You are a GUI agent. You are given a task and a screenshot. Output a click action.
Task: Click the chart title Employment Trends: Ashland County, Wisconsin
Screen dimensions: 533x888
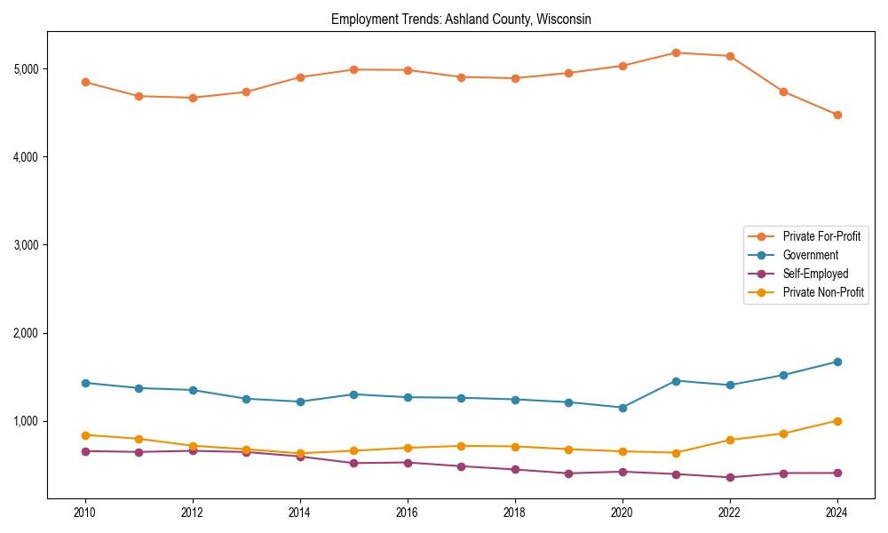tap(461, 19)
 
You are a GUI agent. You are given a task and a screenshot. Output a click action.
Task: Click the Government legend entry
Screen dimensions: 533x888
tap(810, 255)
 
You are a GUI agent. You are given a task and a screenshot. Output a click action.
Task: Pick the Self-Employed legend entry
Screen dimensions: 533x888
tap(815, 274)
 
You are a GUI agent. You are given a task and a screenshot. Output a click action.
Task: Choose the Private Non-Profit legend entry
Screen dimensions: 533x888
tap(823, 292)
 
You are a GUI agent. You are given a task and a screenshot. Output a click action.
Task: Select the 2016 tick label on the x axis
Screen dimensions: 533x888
tap(407, 513)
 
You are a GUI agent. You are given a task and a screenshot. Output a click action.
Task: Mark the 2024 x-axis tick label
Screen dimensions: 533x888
tap(836, 513)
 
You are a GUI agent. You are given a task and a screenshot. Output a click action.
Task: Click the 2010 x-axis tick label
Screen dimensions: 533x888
tap(85, 513)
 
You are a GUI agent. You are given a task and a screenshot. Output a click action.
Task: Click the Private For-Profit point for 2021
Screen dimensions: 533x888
tap(676, 52)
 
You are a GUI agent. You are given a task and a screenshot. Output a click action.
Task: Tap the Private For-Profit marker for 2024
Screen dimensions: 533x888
tap(836, 115)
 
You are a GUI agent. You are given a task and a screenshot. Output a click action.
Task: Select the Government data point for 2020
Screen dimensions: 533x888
tap(622, 408)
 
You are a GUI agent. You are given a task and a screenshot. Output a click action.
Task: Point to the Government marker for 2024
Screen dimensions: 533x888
tap(836, 362)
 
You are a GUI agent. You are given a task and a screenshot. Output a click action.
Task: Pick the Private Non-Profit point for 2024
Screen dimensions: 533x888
tap(836, 421)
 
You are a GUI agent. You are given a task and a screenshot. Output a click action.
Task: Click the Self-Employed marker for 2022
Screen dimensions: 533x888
tap(730, 477)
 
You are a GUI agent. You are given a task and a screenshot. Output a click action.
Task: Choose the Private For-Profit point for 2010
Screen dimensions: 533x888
tap(85, 82)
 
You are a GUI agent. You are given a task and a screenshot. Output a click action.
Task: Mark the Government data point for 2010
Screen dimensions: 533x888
tap(85, 383)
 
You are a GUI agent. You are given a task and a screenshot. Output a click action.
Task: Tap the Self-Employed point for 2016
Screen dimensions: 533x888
tap(407, 463)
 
